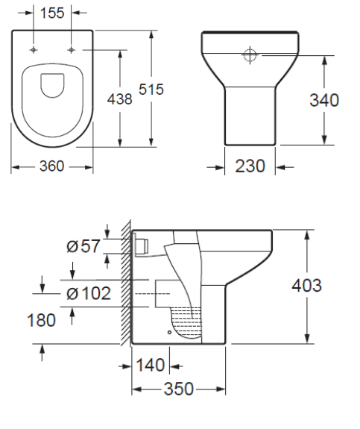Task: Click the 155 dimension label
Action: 52,13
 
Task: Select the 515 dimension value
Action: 151,90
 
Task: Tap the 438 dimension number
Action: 119,98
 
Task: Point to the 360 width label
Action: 51,166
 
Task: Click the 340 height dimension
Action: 324,100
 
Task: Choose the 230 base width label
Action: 250,166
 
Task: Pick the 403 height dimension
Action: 306,286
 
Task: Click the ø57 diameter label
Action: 83,245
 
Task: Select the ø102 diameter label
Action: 89,293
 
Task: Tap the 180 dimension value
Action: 41,320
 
